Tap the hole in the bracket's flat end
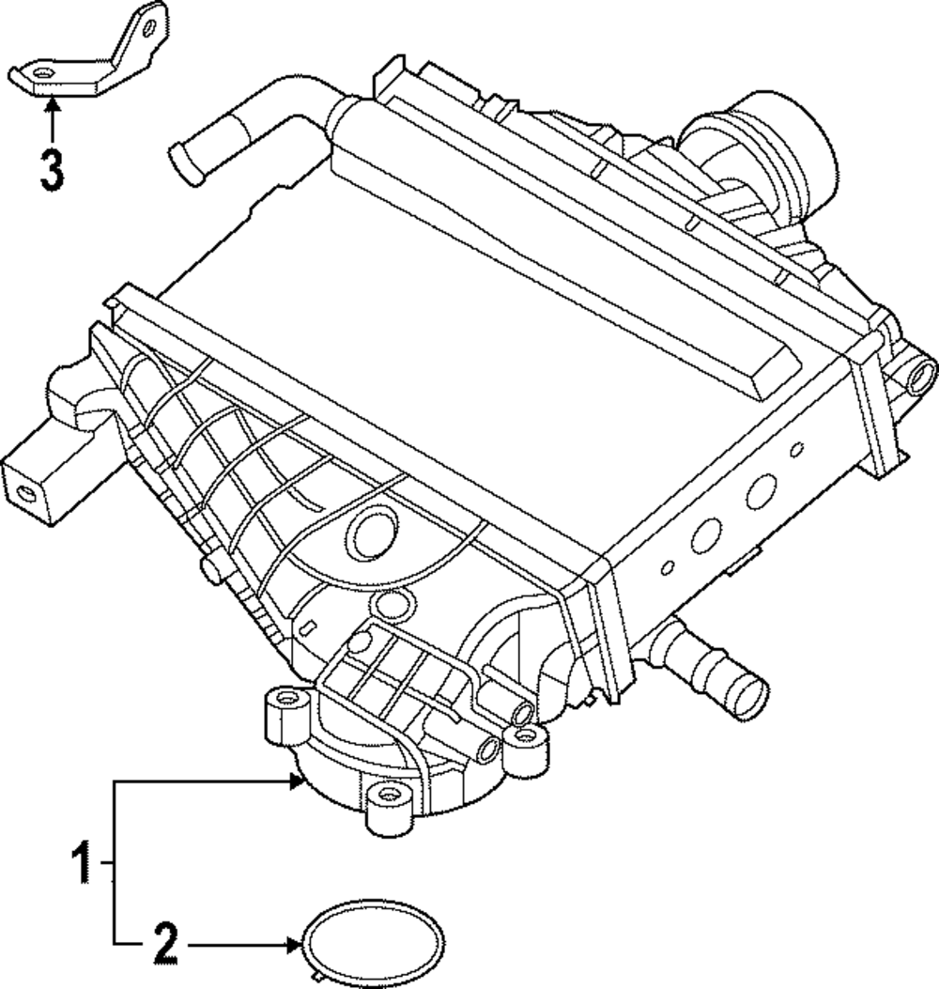pos(42,71)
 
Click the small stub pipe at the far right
pos(919,377)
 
